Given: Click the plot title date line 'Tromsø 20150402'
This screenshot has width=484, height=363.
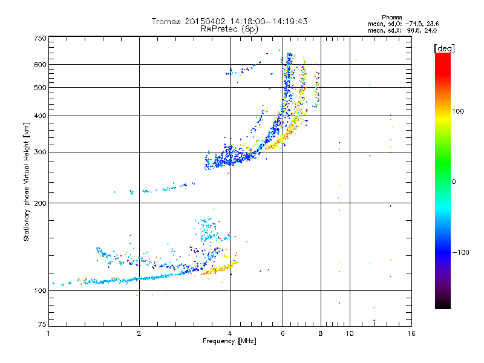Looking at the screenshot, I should coord(230,21).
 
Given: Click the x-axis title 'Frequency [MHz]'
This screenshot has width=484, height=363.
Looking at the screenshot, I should coord(229,341).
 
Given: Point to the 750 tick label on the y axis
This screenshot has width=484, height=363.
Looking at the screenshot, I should coord(40,38).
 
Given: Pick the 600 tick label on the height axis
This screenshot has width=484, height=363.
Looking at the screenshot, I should coord(40,65).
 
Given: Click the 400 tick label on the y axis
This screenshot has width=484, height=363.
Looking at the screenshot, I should coord(40,116).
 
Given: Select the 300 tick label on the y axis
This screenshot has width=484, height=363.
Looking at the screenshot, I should coord(40,152).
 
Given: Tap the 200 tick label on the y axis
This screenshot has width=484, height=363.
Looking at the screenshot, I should coord(40,203).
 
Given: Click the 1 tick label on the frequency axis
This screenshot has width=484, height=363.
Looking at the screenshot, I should coord(48,333).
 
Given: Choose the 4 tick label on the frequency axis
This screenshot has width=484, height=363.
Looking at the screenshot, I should coord(230,333).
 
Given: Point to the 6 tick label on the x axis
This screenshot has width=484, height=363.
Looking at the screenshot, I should coord(283,333).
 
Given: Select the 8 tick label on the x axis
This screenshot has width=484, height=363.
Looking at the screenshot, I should coord(321,333).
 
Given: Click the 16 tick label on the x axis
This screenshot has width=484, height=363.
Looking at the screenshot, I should coord(411,333).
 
